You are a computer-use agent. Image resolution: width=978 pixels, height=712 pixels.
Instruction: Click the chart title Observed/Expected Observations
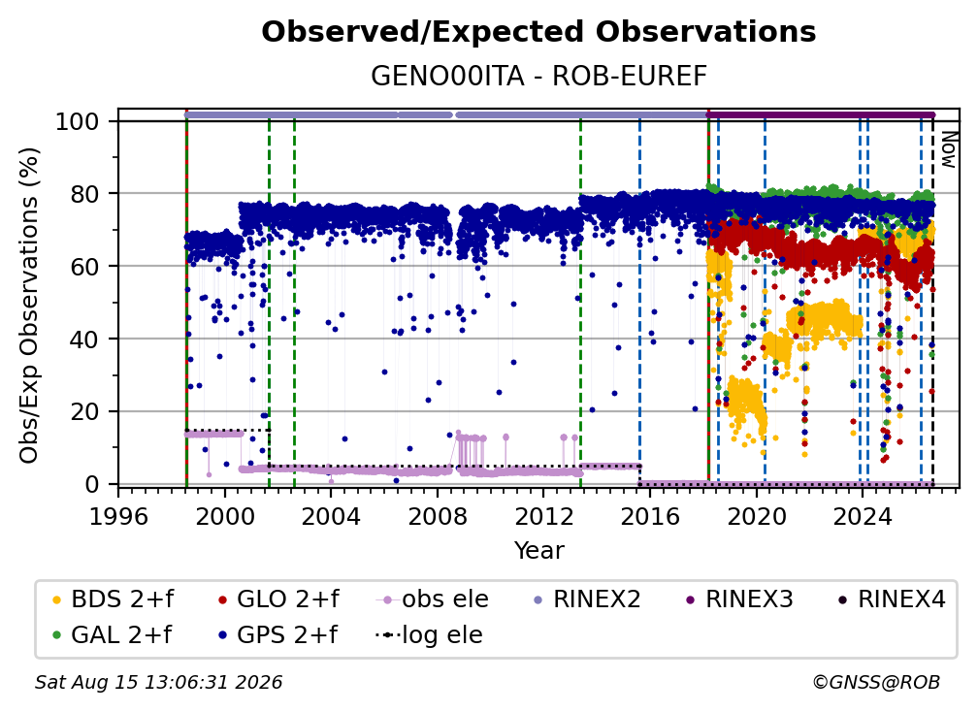tap(538, 32)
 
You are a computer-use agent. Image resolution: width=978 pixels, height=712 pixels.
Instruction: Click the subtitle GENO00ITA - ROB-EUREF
tap(538, 77)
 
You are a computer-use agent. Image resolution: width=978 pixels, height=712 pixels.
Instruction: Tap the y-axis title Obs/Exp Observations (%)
tap(29, 305)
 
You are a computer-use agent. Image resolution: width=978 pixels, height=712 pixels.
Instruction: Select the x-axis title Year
tap(538, 551)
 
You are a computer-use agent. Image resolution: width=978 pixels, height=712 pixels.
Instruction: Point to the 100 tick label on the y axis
tap(78, 121)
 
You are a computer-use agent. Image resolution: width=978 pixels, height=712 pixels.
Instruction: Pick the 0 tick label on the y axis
tap(92, 484)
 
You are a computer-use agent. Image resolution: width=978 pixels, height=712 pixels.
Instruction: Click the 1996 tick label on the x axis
tap(118, 517)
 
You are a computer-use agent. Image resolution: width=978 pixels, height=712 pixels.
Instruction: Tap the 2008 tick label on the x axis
tap(438, 517)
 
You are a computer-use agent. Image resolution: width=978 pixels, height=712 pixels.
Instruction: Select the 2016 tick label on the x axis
tap(650, 517)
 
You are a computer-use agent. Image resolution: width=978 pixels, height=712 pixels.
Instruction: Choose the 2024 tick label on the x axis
tap(863, 517)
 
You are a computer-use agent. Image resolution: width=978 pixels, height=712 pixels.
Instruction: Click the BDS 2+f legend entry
tap(113, 599)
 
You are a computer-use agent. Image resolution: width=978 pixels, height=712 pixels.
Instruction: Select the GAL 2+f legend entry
tap(112, 635)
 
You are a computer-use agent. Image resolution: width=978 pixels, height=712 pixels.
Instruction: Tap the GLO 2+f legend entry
tap(278, 599)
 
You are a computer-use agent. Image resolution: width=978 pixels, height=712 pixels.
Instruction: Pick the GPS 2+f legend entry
tap(277, 635)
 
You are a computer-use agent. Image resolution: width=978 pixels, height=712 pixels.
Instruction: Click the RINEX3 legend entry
tap(739, 599)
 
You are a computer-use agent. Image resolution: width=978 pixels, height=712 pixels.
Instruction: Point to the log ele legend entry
tap(429, 635)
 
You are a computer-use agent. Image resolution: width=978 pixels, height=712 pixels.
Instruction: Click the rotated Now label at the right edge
tap(949, 149)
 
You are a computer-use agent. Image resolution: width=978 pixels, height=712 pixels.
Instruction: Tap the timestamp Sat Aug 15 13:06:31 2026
tap(158, 683)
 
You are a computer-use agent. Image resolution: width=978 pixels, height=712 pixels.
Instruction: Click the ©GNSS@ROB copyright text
tap(876, 683)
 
